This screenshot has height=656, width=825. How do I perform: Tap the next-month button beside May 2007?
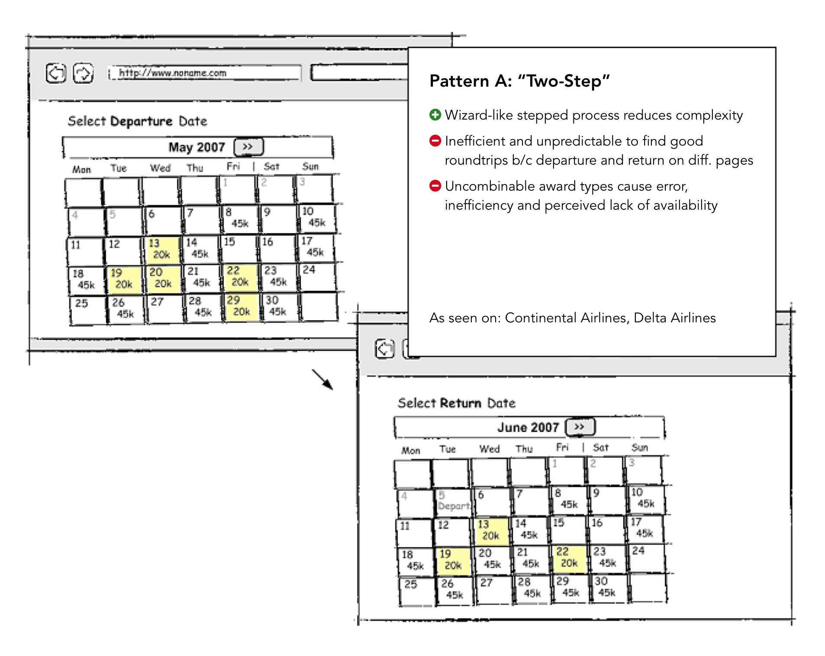pos(248,147)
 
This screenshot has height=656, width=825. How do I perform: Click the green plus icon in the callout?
pos(435,115)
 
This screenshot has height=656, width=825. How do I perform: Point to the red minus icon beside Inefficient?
pos(435,141)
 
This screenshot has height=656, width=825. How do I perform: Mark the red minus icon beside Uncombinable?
pos(435,186)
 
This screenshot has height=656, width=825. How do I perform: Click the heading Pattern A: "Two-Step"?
pos(519,81)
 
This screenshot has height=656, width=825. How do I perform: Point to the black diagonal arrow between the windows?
pos(322,379)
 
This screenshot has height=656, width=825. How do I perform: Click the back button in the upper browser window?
pos(56,73)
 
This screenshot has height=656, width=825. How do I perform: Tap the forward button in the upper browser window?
pos(83,73)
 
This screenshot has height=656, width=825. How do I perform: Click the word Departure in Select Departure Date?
pos(141,121)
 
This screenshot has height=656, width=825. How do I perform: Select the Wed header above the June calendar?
pos(489,449)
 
